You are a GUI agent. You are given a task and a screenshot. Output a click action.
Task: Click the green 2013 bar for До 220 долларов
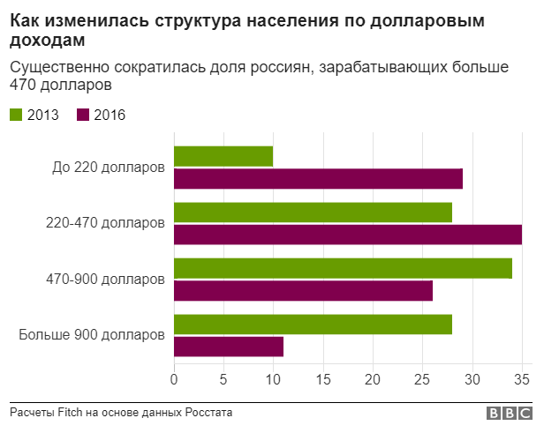pyautogui.click(x=223, y=156)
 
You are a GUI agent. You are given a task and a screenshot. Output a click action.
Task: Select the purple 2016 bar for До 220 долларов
pyautogui.click(x=318, y=179)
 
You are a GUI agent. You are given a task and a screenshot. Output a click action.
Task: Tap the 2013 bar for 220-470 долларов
pyautogui.click(x=313, y=213)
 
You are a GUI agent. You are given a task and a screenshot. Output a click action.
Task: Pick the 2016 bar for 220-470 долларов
pyautogui.click(x=347, y=235)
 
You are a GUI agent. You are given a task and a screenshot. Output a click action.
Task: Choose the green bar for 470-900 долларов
pyautogui.click(x=343, y=268)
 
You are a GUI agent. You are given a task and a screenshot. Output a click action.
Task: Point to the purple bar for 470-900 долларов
pyautogui.click(x=303, y=290)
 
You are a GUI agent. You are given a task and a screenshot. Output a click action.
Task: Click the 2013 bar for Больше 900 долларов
pyautogui.click(x=313, y=324)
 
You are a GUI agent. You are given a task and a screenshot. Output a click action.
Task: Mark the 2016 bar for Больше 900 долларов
pyautogui.click(x=229, y=347)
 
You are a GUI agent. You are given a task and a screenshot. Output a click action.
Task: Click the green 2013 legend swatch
pyautogui.click(x=16, y=115)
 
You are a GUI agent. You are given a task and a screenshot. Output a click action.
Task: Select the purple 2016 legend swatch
pyautogui.click(x=83, y=115)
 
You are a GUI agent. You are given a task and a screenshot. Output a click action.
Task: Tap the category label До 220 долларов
pyautogui.click(x=109, y=168)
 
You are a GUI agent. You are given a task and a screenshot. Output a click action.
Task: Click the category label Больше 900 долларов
pyautogui.click(x=92, y=335)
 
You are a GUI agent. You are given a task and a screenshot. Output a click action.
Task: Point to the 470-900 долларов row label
pyautogui.click(x=105, y=280)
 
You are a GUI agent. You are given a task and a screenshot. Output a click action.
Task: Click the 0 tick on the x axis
pyautogui.click(x=174, y=380)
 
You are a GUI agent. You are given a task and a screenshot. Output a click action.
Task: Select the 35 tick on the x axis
pyautogui.click(x=522, y=380)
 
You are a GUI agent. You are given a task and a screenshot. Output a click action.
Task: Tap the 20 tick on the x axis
pyautogui.click(x=373, y=380)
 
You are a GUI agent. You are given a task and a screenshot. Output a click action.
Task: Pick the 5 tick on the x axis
pyautogui.click(x=223, y=380)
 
